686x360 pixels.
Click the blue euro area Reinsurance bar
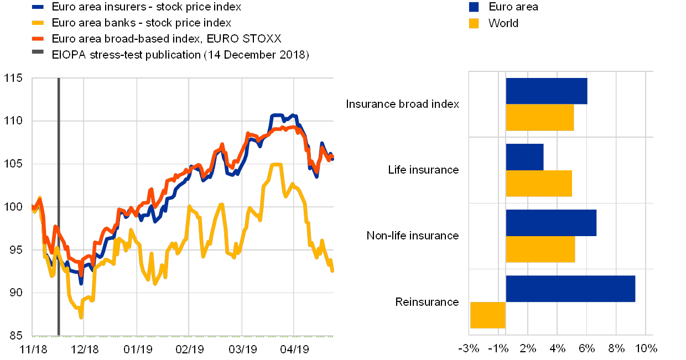click(570, 289)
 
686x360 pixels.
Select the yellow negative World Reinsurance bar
click(487, 315)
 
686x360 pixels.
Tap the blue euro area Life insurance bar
click(524, 157)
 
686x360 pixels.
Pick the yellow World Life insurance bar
click(538, 184)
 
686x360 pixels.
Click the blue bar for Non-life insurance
click(551, 223)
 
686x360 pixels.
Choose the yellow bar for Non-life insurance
click(540, 249)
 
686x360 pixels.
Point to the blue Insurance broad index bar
click(546, 91)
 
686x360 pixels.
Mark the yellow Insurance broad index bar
click(539, 117)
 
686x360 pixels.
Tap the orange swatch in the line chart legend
click(38, 39)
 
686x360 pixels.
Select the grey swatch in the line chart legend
click(38, 55)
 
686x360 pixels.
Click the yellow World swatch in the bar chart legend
click(474, 23)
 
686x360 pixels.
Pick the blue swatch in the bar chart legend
click(474, 7)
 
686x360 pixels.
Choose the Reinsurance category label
click(429, 302)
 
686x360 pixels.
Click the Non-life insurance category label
click(414, 236)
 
